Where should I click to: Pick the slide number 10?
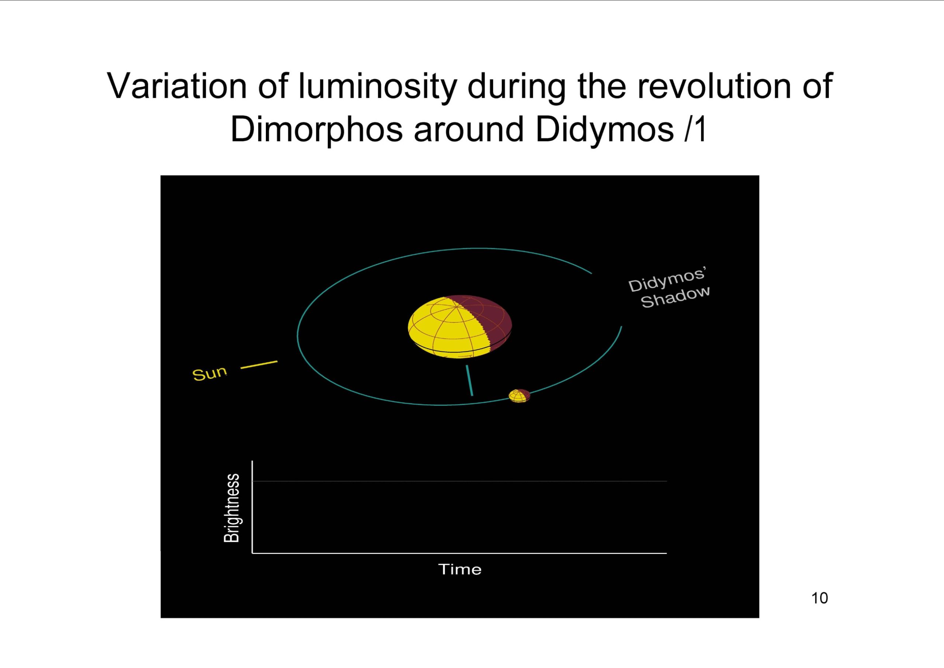[x=819, y=598]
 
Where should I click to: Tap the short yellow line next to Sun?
[x=258, y=365]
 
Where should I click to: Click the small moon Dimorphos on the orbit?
[x=519, y=396]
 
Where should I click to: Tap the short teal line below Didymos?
[x=469, y=381]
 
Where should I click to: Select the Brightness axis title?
[x=232, y=508]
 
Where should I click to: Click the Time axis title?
[x=460, y=569]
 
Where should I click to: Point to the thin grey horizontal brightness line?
[x=459, y=481]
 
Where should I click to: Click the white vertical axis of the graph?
[x=252, y=507]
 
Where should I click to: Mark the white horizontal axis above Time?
[x=459, y=553]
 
